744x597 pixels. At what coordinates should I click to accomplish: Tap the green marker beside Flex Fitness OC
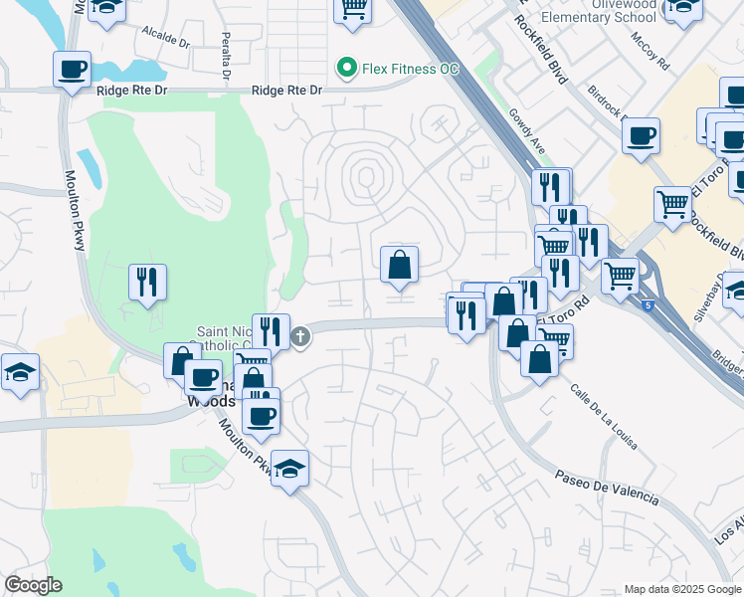(347, 69)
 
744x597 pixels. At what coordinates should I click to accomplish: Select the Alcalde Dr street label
(165, 38)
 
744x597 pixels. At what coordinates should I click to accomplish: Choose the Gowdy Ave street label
(528, 131)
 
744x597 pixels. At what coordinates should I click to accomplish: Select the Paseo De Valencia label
(607, 485)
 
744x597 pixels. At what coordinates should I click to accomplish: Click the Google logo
(33, 585)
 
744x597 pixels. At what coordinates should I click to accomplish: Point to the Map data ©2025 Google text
(683, 589)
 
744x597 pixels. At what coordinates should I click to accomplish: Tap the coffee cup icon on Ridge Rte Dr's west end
(72, 71)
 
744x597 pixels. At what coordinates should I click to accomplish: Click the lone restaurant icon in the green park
(147, 283)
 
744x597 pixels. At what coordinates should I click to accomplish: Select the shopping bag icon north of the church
(399, 266)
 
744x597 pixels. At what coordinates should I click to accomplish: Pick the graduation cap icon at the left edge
(20, 373)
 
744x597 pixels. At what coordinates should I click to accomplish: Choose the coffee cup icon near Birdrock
(642, 134)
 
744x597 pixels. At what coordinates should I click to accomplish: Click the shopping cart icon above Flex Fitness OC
(353, 9)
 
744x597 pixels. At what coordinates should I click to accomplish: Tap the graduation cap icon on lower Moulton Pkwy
(289, 468)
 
